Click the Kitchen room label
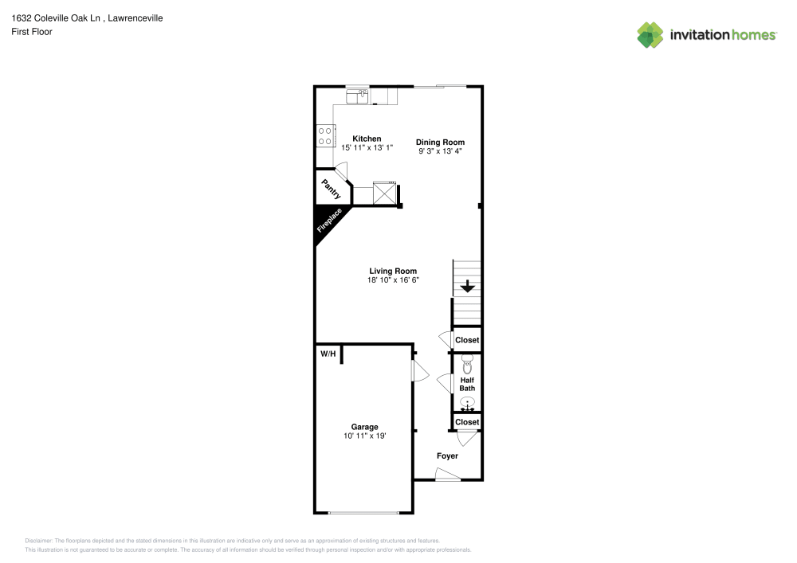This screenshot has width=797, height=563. [x=367, y=139]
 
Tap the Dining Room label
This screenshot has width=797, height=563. [x=440, y=142]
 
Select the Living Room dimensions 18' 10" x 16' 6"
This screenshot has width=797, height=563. [x=393, y=280]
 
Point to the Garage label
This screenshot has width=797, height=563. [x=365, y=427]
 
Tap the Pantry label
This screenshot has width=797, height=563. [x=331, y=189]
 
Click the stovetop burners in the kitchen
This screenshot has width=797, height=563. [x=324, y=136]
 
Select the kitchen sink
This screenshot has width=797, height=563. [x=356, y=96]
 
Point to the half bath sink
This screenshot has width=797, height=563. [x=467, y=403]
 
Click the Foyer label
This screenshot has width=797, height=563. [x=447, y=456]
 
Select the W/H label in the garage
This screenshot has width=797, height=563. [x=328, y=353]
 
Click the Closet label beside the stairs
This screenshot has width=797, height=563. [x=467, y=340]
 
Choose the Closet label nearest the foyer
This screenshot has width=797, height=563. [x=467, y=422]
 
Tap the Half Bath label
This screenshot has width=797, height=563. [x=467, y=384]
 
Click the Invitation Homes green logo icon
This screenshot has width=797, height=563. [x=650, y=34]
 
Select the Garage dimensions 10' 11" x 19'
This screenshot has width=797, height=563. [x=366, y=436]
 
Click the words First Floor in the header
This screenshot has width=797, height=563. [x=32, y=32]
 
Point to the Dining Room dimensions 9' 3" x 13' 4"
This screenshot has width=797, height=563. [x=440, y=151]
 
